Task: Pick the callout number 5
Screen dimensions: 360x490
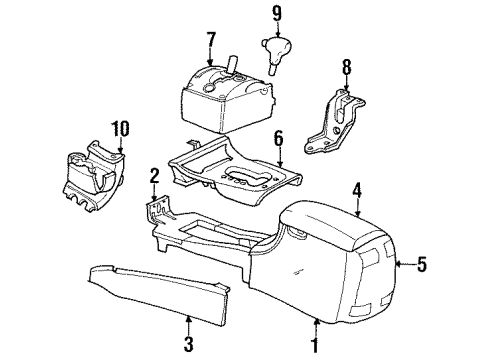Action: pyautogui.click(x=422, y=265)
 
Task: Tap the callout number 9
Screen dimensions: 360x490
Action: pyautogui.click(x=275, y=14)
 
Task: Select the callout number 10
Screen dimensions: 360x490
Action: pyautogui.click(x=120, y=127)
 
